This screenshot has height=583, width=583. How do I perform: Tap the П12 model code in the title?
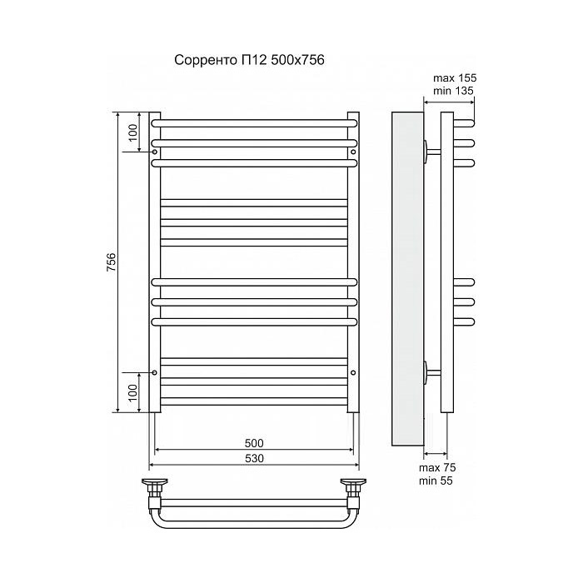point(253,60)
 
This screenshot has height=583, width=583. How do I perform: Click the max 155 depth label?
point(454,77)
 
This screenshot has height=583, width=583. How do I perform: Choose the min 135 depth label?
point(454,91)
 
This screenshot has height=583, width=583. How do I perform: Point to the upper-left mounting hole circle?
point(155,152)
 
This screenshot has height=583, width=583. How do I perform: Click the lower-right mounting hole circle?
point(353,371)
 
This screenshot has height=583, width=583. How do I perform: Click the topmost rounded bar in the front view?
point(254,122)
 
